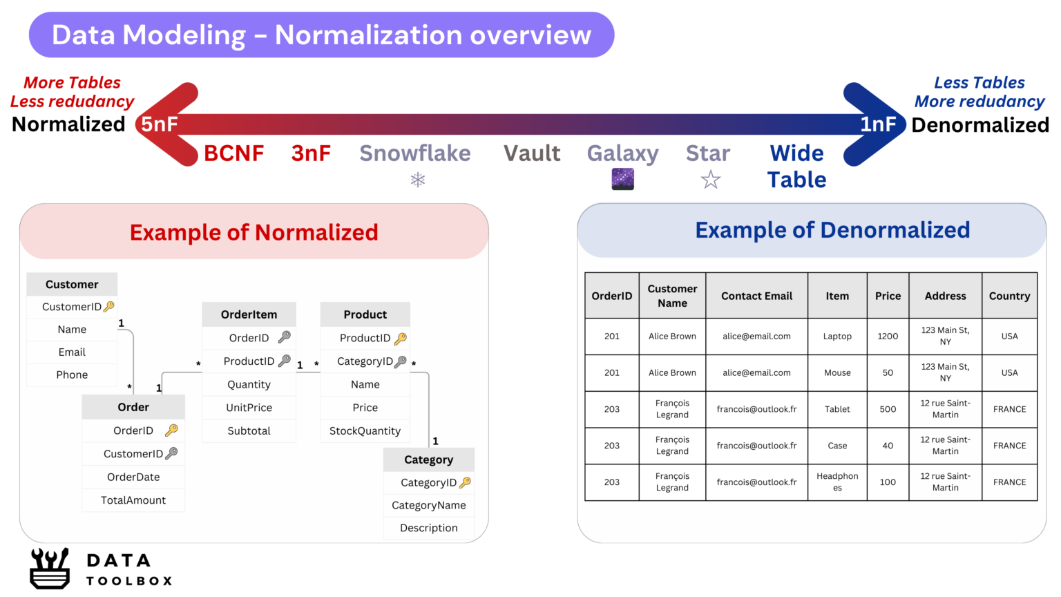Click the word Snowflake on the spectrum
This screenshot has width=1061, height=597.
414,153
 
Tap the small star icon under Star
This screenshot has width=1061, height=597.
710,180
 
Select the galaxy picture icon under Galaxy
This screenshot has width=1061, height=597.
622,179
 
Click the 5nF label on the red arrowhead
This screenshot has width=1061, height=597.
160,124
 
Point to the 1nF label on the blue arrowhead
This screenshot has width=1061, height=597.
878,124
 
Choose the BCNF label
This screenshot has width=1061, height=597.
233,153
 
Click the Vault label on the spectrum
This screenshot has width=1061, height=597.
531,153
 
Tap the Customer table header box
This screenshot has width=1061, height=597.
72,284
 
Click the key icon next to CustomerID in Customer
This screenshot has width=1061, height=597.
109,306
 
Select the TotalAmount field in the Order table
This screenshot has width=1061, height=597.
133,500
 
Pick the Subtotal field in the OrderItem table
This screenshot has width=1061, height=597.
249,430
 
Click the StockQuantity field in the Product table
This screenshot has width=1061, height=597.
365,430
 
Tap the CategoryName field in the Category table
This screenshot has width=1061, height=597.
428,505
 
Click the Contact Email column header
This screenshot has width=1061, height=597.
756,296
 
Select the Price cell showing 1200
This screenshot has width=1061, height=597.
888,337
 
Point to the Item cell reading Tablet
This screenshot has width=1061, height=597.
837,409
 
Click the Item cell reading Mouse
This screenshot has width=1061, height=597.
837,372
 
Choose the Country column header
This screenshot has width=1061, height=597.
1009,296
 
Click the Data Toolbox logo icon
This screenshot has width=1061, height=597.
50,568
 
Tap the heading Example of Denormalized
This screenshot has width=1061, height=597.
832,230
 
